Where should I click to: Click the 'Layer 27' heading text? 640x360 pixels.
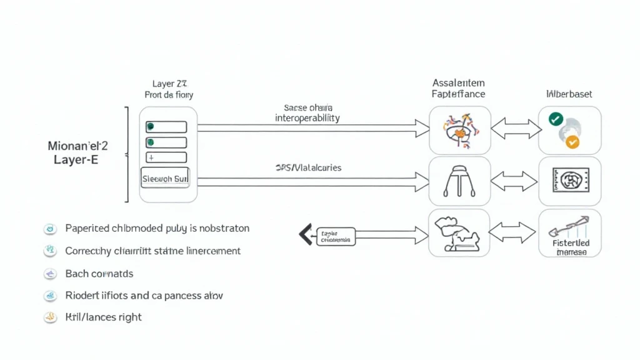170,83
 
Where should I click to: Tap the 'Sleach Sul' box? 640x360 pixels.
166,178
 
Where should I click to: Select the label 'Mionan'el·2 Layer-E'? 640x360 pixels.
77,152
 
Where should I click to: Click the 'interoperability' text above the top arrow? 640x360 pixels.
307,118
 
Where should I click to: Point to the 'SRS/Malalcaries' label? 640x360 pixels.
308,167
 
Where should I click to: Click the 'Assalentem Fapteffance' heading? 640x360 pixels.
458,88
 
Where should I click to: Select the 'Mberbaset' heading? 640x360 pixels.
569,94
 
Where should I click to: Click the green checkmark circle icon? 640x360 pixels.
555,119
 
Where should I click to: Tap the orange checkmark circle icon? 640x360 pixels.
572,142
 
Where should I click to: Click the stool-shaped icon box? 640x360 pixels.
459,181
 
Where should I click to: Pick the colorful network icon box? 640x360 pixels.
459,130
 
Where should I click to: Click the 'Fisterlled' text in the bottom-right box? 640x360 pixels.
571,242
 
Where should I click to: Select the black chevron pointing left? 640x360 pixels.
305,234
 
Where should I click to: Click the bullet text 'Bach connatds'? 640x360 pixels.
99,274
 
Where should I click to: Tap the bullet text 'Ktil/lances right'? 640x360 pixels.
103,317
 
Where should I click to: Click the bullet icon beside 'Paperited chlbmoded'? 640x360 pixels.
50,229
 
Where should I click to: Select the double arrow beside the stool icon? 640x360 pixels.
514,181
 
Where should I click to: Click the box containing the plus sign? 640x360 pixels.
166,157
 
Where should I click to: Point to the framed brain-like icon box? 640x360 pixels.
569,181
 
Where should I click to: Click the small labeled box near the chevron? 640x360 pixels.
336,236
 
